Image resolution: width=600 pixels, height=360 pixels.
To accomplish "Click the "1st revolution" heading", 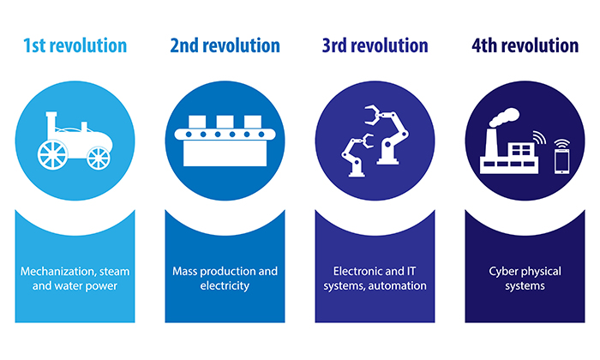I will [75, 45].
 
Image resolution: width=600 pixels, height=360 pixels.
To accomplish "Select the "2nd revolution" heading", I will [225, 45].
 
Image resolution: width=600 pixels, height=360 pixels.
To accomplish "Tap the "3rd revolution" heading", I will [375, 45].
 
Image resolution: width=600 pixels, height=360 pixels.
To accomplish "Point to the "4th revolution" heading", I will [524, 45].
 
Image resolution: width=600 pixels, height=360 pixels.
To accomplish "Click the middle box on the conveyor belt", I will [225, 121].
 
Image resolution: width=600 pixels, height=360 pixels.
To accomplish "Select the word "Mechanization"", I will [57, 272].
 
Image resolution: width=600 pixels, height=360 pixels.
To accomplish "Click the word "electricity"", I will [225, 286].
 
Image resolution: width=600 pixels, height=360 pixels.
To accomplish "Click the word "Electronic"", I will [352, 272].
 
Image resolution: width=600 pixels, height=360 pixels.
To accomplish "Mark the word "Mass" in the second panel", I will [188, 272].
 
